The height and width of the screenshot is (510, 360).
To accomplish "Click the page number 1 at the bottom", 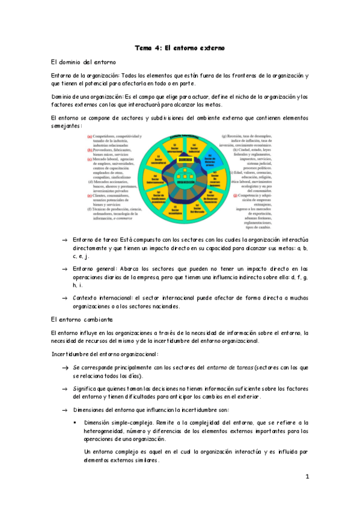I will (x=307, y=478).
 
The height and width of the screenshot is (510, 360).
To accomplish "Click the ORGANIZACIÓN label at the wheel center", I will (x=178, y=180).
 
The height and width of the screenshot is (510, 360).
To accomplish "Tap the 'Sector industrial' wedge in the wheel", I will (x=194, y=146).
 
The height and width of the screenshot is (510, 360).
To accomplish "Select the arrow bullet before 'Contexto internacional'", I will (x=64, y=297).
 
